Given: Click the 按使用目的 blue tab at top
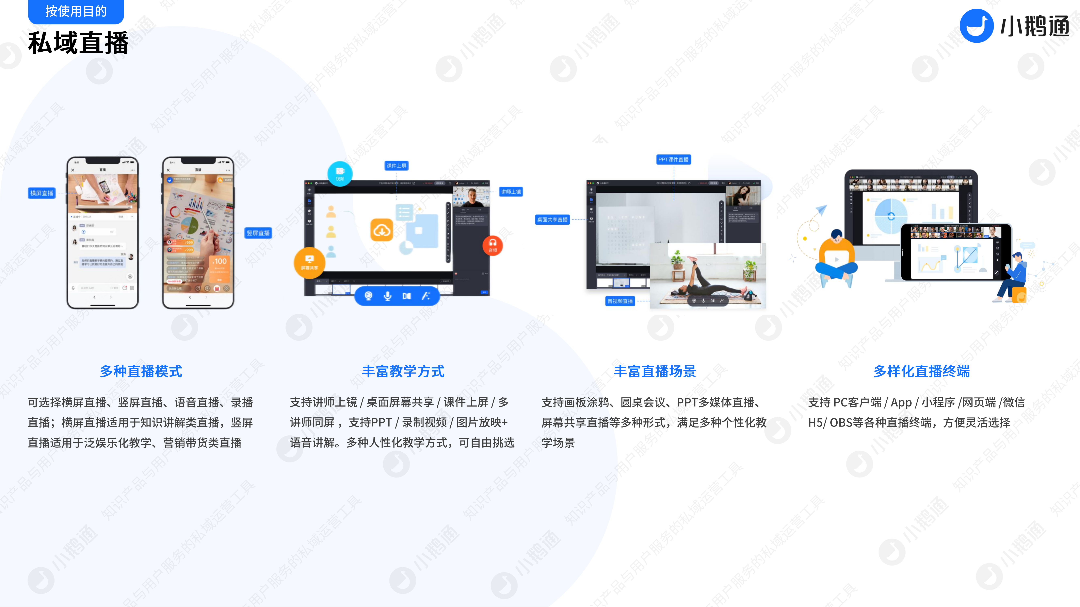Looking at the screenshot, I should (76, 11).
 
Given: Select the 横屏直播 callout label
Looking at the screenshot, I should (42, 193).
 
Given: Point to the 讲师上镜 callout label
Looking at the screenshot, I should (511, 192).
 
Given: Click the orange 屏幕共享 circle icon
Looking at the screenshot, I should (309, 263).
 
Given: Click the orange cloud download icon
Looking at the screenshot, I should (382, 230).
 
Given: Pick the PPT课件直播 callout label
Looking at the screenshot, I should (673, 160).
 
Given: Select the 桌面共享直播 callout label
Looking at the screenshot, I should (552, 220).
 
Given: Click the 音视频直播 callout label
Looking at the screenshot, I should (620, 301).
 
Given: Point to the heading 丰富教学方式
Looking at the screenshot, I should (403, 371).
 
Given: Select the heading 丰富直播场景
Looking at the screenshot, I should (655, 371).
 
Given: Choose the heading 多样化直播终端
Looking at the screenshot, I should (921, 371).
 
